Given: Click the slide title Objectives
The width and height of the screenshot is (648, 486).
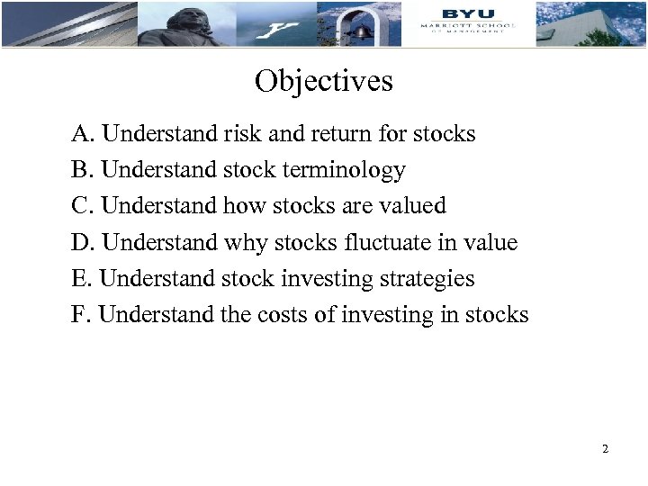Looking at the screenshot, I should [x=324, y=82].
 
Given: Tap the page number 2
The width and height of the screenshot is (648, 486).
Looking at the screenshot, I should [x=606, y=447].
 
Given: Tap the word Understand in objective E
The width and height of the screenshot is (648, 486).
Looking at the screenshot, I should [x=158, y=279].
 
